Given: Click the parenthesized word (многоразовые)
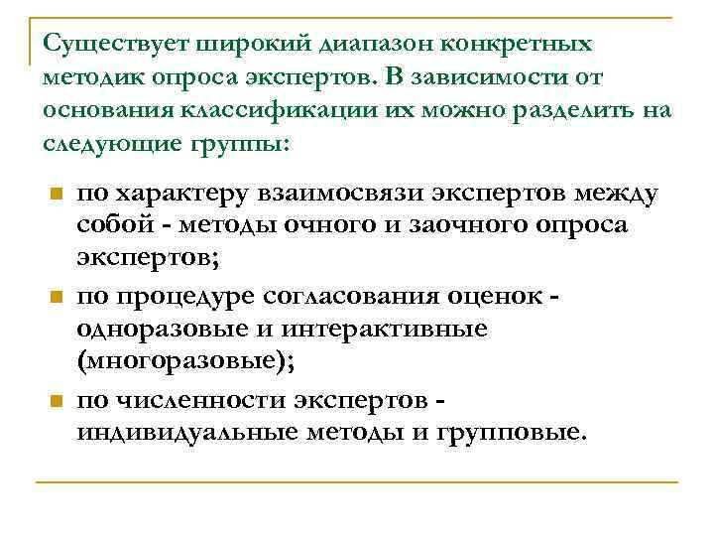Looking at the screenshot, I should pos(186,362).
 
